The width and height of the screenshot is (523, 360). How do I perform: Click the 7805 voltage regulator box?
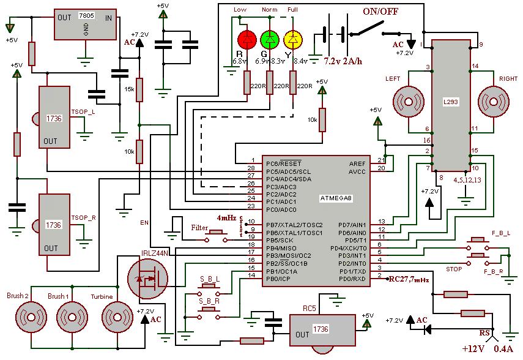pos(86,25)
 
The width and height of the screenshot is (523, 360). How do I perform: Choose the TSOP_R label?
pos(83,217)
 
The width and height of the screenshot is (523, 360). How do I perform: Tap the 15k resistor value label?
pos(129,89)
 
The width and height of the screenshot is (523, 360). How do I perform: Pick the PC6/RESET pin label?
pos(283,163)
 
